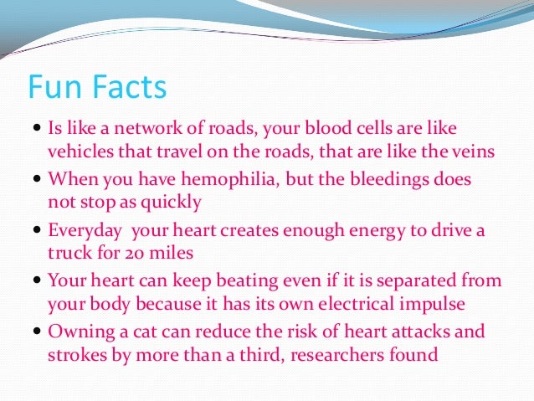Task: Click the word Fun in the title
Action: pos(55,87)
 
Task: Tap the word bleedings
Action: pos(369,178)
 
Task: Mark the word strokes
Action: pos(73,353)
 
